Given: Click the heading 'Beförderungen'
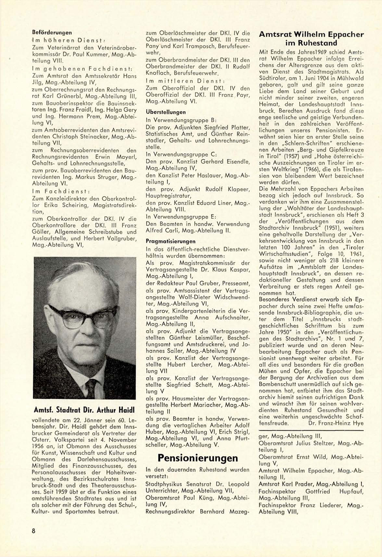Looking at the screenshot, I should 52,32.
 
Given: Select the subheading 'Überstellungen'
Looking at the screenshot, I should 166,112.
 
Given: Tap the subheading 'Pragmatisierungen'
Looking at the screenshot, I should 171,241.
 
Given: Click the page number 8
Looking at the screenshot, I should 33,531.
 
